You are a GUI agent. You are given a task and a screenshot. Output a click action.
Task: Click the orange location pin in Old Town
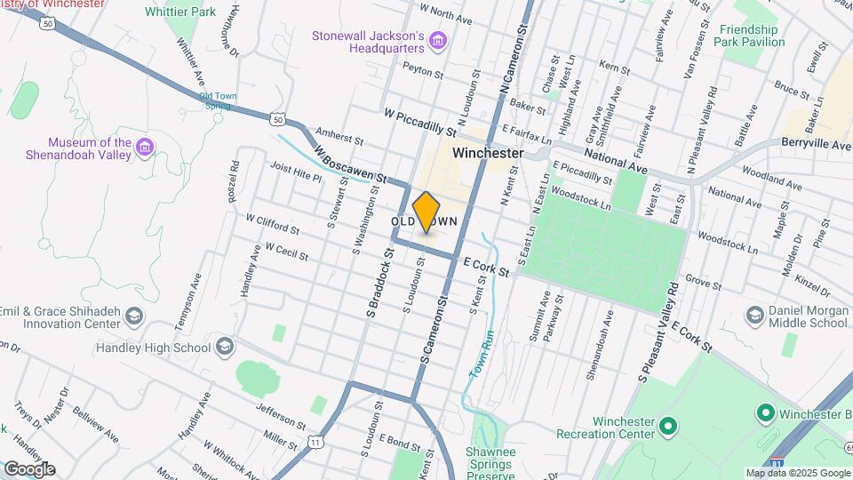pos(426,212)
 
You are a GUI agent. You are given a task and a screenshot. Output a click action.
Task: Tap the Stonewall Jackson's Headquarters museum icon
pos(436,41)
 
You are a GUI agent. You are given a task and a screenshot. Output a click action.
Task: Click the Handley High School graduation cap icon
pos(225,347)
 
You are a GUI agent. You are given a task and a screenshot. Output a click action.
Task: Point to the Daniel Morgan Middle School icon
pos(755,316)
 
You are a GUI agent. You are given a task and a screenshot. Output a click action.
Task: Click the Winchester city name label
pos(487,153)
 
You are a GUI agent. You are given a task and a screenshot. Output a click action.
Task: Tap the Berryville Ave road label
pos(816,142)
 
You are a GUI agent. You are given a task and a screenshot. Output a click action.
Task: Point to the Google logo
pos(28,468)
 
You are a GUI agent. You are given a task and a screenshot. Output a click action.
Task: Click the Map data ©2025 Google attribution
pos(797,473)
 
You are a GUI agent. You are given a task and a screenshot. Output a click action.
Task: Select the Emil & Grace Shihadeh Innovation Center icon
pos(133,316)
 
